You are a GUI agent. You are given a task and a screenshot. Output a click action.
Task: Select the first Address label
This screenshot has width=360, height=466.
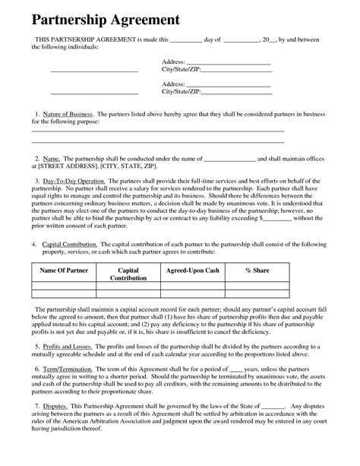[174, 60]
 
